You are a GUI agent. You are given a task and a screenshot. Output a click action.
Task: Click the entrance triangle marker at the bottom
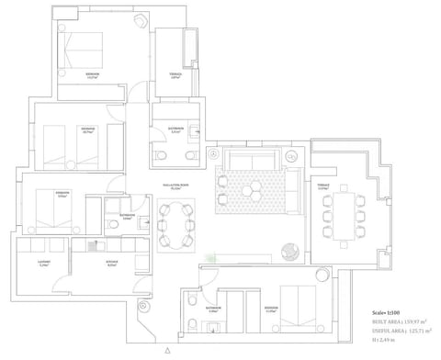166,351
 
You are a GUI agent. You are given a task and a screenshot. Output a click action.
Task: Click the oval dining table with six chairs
175,222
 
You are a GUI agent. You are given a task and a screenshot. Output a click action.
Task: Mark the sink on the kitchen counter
92,245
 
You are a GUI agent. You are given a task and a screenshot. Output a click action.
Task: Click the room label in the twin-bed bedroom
89,129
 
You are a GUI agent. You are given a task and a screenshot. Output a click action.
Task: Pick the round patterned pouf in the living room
290,250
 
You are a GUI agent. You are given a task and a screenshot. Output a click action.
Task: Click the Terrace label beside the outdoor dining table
322,187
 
